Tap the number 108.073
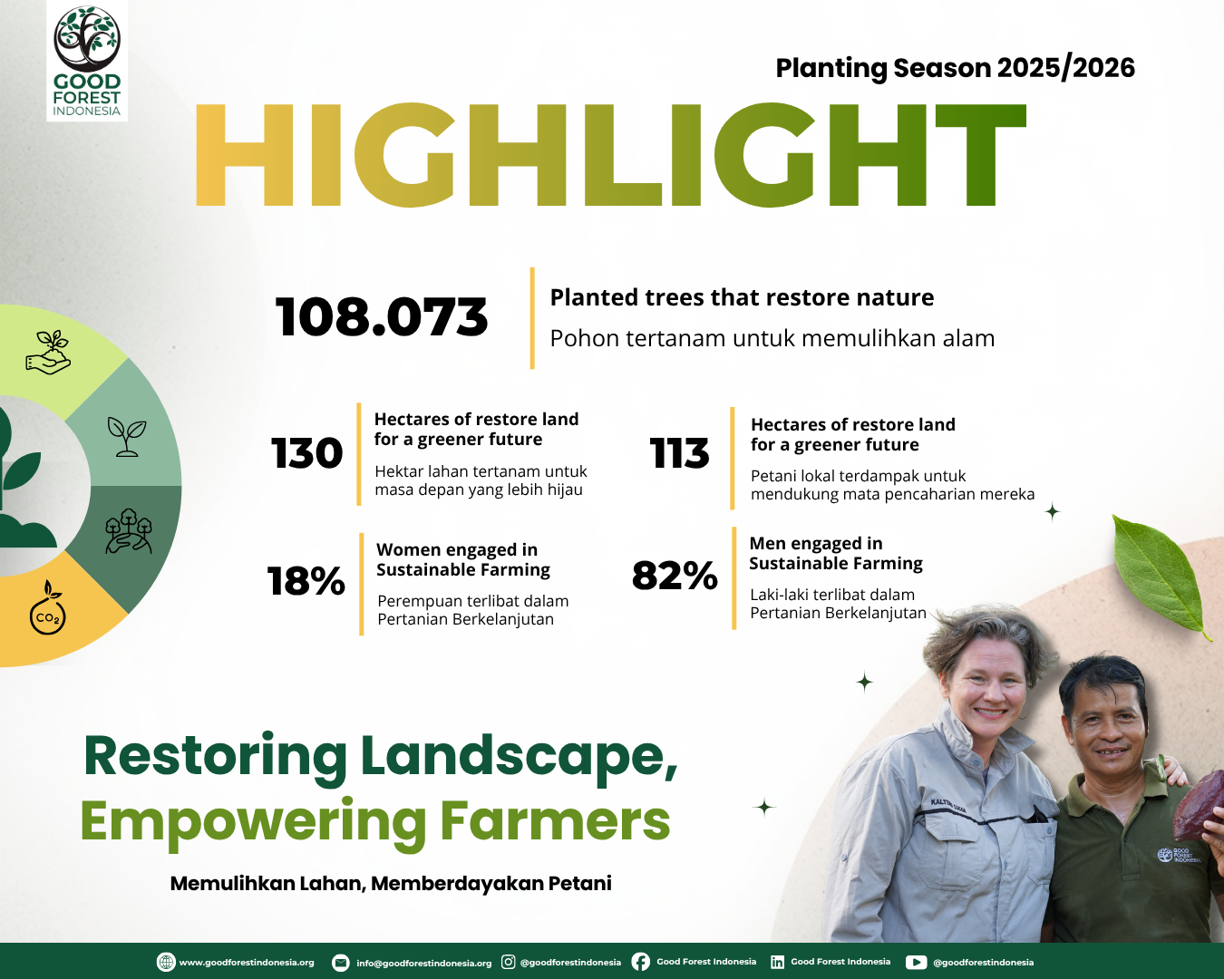[382, 317]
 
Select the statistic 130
[307, 453]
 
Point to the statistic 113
[680, 453]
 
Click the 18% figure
[306, 581]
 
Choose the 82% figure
[675, 575]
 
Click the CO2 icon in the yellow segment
[48, 607]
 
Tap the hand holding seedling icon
[48, 352]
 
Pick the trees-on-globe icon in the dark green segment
[129, 531]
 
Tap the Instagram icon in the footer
[509, 962]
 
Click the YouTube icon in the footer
[916, 962]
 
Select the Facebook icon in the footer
[640, 962]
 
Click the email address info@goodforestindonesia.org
[423, 963]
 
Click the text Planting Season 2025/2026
[955, 68]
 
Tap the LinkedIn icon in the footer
[777, 962]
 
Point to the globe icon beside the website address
[166, 962]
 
